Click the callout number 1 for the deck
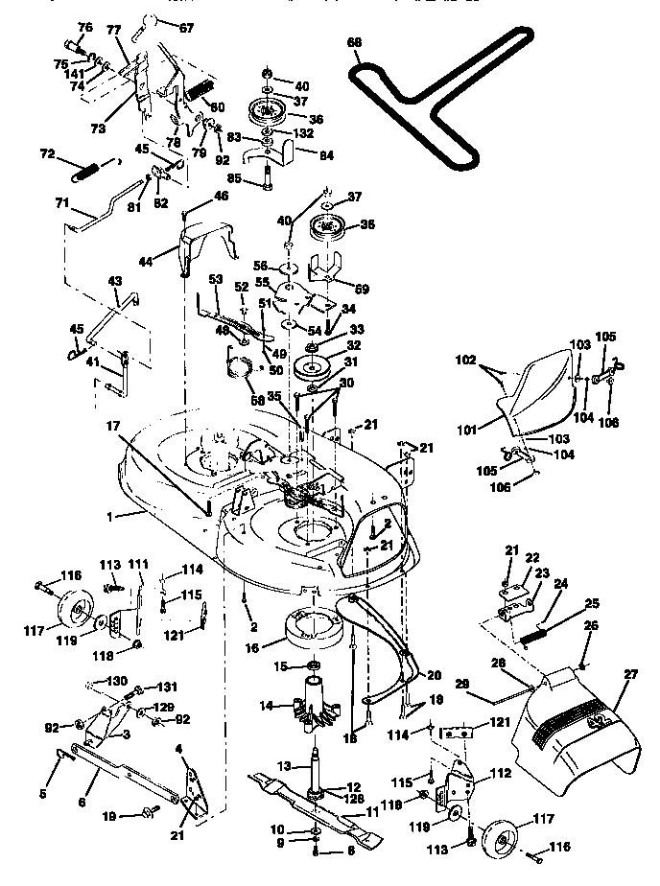point(110,515)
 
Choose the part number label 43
point(115,280)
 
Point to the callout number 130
point(116,680)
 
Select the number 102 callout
point(465,361)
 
